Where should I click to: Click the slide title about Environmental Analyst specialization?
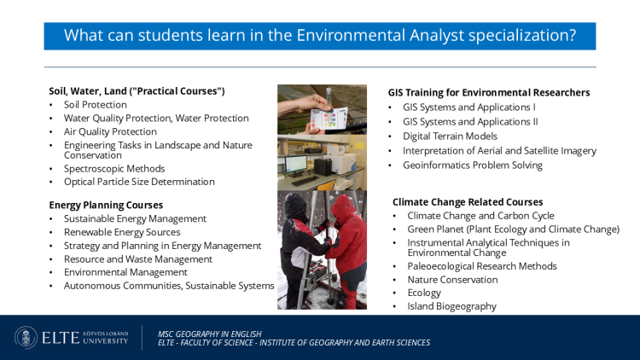(320, 36)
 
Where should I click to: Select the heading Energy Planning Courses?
(106, 205)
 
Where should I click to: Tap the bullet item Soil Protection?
(95, 104)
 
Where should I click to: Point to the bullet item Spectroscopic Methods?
(114, 169)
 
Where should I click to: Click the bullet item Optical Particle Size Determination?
(139, 182)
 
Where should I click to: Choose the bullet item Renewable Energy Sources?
(122, 232)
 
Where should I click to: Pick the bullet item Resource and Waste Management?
(138, 259)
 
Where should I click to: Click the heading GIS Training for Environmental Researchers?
(489, 93)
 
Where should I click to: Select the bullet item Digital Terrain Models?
(450, 136)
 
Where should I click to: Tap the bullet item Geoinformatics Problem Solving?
(473, 165)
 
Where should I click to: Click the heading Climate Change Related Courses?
(468, 202)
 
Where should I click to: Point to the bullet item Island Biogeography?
(451, 306)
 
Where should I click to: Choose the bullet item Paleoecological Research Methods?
(482, 266)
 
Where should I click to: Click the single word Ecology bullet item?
(424, 293)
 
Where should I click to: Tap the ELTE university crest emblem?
(26, 338)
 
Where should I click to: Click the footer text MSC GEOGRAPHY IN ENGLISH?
(210, 334)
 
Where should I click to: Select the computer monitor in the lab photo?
(296, 165)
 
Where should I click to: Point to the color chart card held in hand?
(329, 119)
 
